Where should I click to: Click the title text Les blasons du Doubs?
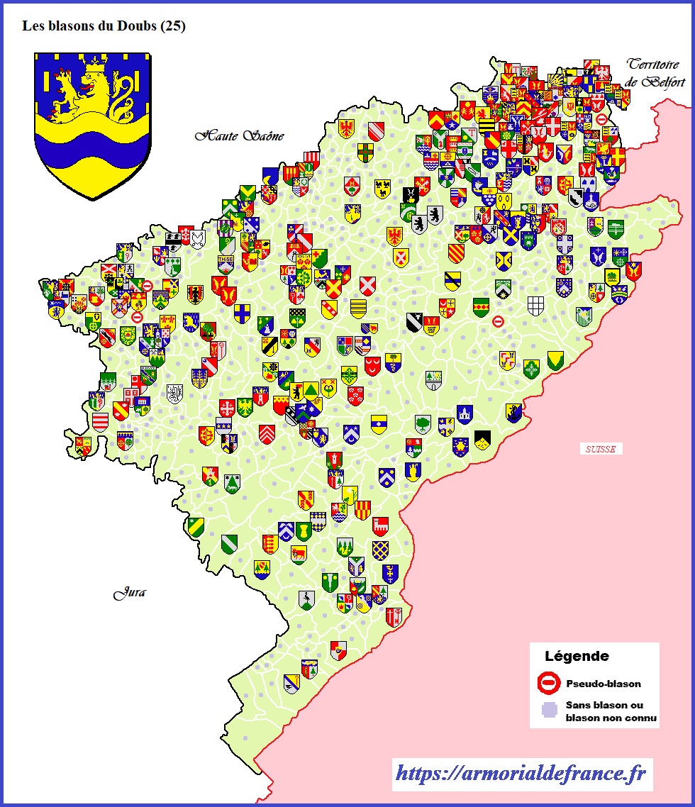(x=104, y=26)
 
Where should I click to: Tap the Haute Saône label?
(x=240, y=135)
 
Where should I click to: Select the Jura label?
(x=129, y=593)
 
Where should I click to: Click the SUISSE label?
(x=601, y=449)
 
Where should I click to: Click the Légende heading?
(x=576, y=656)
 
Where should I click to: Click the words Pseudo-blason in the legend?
(x=603, y=684)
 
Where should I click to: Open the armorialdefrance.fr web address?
(x=521, y=774)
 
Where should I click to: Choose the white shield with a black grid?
(x=535, y=306)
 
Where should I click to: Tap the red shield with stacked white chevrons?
(x=267, y=433)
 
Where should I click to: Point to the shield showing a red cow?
(x=299, y=553)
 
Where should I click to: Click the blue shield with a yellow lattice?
(x=381, y=550)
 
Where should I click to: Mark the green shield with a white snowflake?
(x=531, y=369)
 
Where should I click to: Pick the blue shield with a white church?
(x=465, y=413)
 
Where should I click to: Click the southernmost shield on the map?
(x=291, y=684)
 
